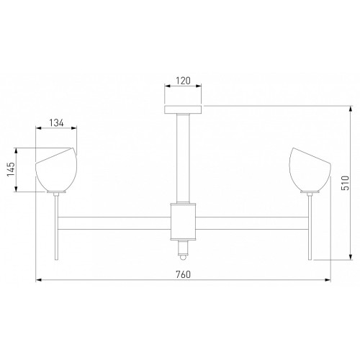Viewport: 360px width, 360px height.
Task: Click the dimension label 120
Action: pos(184,81)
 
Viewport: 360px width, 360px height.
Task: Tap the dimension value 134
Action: pos(57,123)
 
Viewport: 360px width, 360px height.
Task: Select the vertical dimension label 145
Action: pos(11,169)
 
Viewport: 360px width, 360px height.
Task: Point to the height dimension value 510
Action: pos(345,183)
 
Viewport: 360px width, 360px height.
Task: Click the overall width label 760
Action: pos(184,274)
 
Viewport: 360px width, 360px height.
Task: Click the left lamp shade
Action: pos(56,169)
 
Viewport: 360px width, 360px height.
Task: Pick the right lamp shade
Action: pos(310,169)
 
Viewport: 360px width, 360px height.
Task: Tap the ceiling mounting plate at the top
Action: pos(183,109)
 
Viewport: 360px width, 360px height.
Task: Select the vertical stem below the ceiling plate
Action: pos(183,158)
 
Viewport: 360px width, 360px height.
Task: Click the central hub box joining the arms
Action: pos(184,222)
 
